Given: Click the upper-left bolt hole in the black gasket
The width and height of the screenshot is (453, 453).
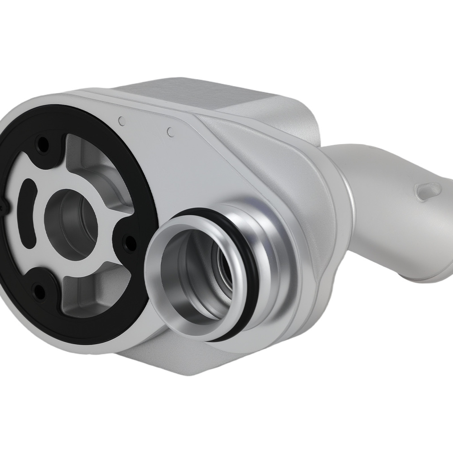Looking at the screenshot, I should (44, 145).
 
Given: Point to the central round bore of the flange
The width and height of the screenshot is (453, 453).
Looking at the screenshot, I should (72, 222).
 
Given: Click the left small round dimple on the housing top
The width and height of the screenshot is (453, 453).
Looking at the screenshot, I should (121, 121).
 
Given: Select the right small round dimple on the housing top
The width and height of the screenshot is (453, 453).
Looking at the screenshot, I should (171, 132).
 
